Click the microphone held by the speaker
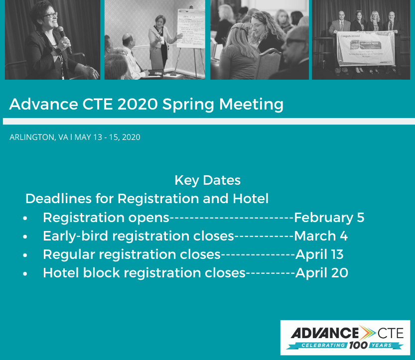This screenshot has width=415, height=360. point(64,39)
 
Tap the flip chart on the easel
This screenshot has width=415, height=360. point(190,28)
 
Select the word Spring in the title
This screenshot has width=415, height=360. point(188,105)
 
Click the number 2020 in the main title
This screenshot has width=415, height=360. point(138,104)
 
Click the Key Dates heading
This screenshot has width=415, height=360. point(207,181)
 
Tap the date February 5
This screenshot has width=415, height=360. point(329,218)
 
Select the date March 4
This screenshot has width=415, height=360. point(321,236)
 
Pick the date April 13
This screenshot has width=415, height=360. point(319,254)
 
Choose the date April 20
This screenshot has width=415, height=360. point(321,273)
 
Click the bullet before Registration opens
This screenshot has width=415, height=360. point(25,219)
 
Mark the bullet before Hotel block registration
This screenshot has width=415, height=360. point(25,274)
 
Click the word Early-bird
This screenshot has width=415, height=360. point(75,236)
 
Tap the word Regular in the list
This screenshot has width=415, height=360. point(69,255)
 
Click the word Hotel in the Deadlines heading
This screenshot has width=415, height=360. point(251,199)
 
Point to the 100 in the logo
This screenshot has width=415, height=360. point(358,345)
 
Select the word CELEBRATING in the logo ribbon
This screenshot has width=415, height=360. point(323,346)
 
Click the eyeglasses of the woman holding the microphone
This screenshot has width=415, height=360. point(50,15)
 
